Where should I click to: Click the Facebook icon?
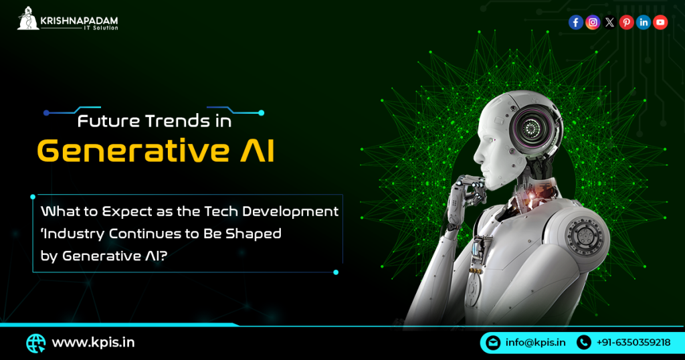click(575, 22)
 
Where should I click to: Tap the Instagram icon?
click(593, 22)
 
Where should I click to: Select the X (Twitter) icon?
click(609, 22)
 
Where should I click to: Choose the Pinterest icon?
click(626, 22)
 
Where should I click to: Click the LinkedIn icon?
click(644, 22)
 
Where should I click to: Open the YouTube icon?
click(660, 22)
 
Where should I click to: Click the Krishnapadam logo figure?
click(28, 19)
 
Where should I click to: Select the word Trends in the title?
click(178, 122)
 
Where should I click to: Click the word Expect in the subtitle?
click(126, 212)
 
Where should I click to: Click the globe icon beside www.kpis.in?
click(35, 343)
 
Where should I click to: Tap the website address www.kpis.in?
click(93, 343)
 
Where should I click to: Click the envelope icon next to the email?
click(493, 343)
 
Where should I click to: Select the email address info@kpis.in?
click(535, 343)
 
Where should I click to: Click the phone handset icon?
click(583, 343)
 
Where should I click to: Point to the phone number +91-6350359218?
click(633, 343)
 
